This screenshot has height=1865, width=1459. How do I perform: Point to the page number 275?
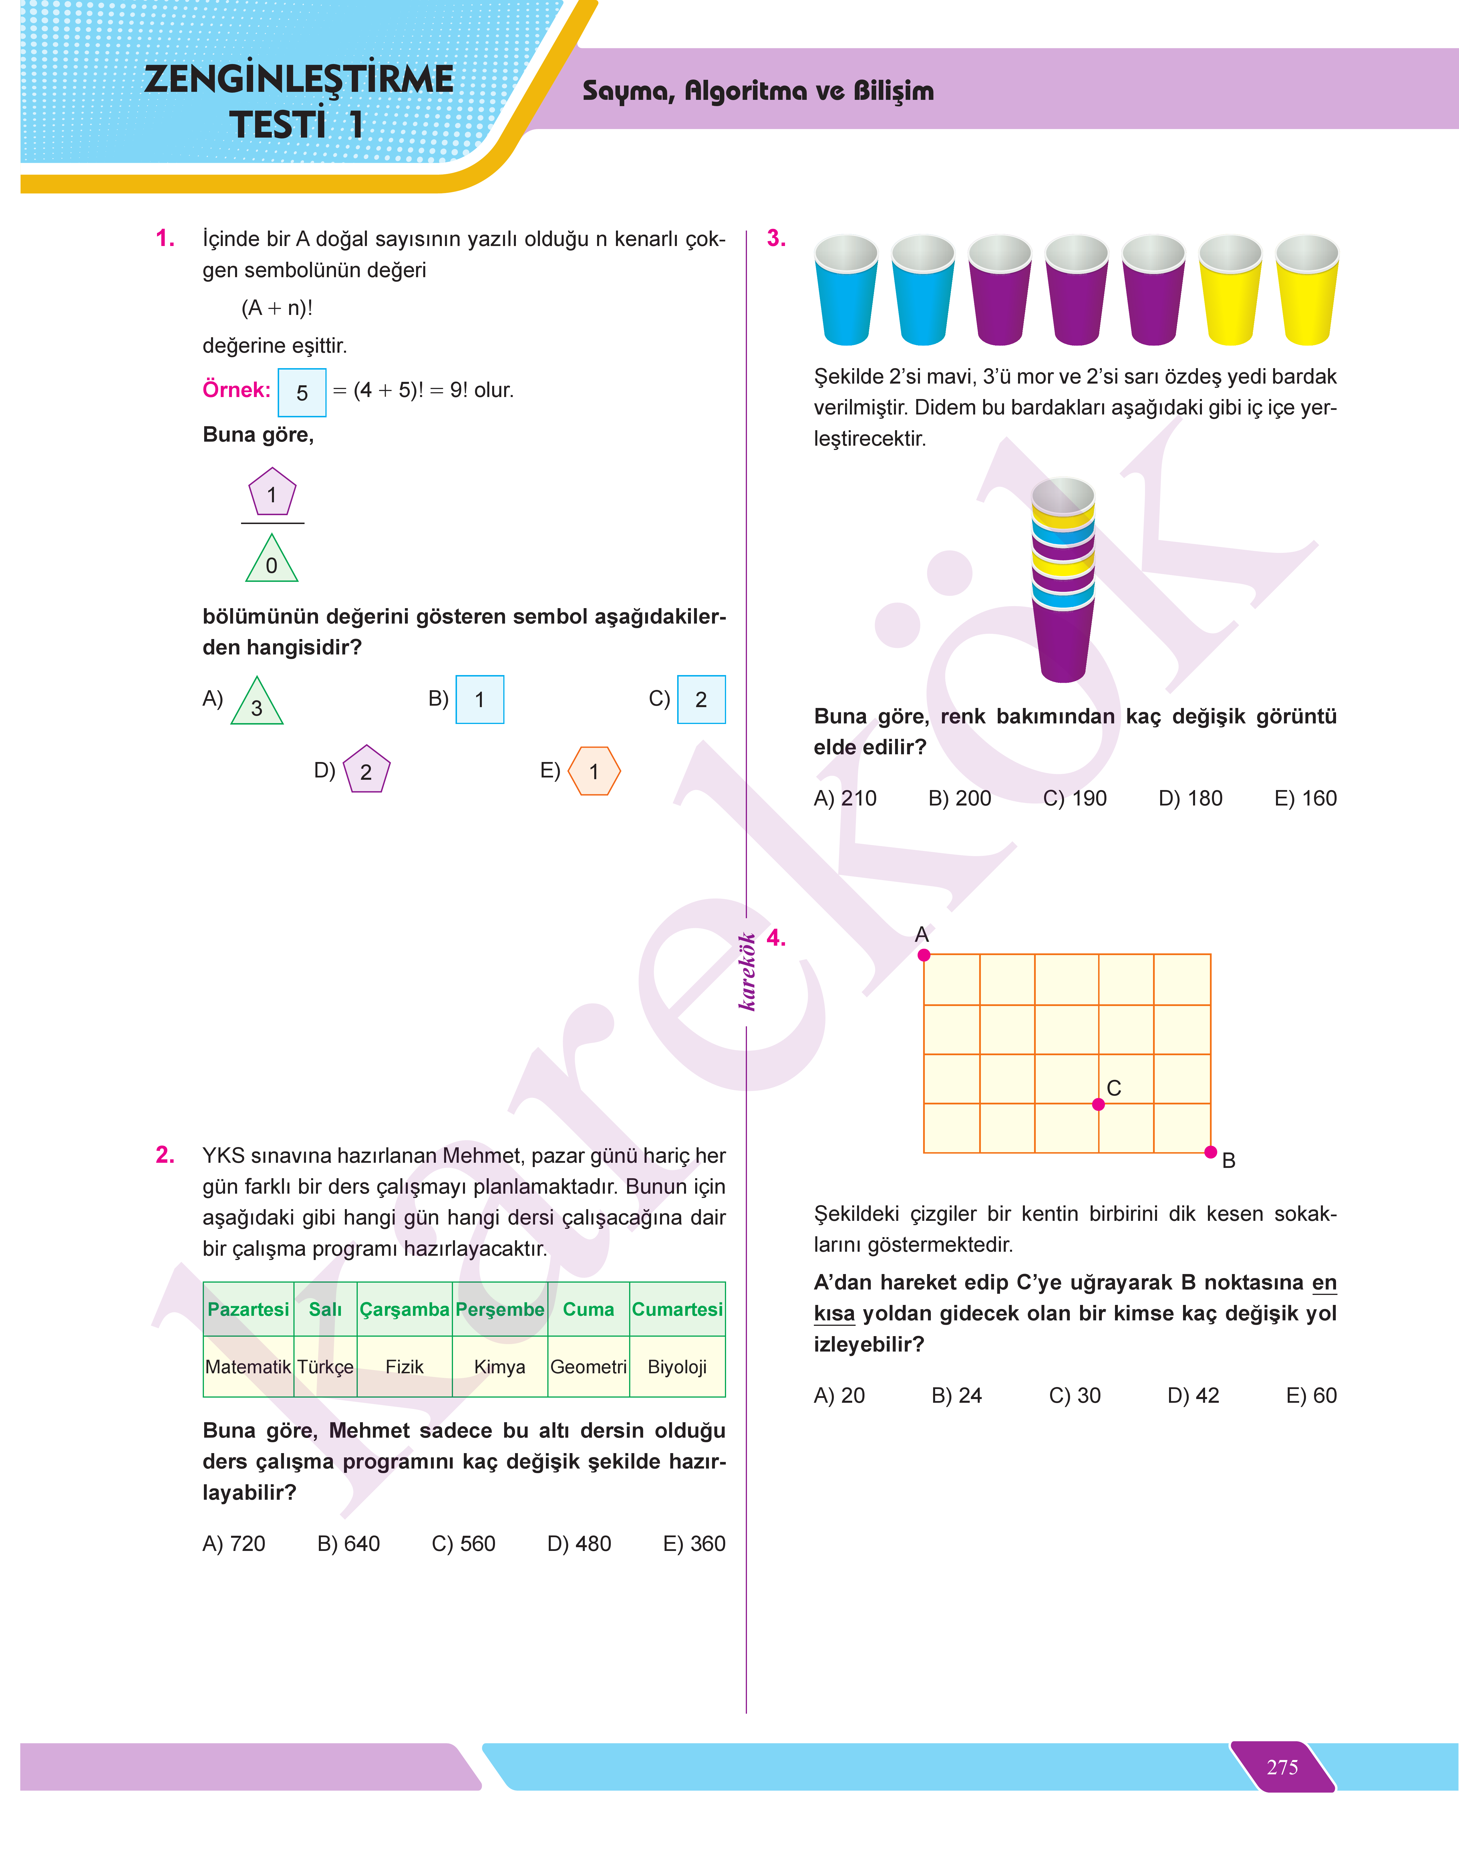[x=1282, y=1767]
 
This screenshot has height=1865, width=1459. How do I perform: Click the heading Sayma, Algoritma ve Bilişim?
[x=758, y=91]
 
